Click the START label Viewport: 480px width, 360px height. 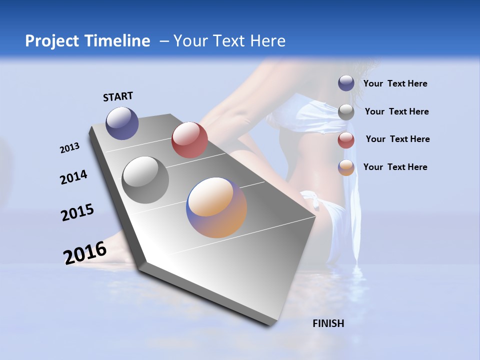click(118, 96)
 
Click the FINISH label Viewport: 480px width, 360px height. click(328, 323)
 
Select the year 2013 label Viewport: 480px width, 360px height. click(69, 148)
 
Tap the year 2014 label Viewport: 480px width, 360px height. click(73, 177)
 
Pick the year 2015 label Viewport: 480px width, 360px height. click(77, 212)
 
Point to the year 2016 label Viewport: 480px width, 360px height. click(85, 252)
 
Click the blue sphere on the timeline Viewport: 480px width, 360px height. click(122, 123)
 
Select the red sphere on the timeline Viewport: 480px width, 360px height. click(189, 140)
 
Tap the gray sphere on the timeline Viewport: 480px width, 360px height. click(145, 180)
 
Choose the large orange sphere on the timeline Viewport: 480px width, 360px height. click(216, 207)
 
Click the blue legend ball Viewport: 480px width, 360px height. click(346, 83)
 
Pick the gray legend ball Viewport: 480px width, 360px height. click(346, 112)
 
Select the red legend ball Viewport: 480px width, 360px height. click(346, 140)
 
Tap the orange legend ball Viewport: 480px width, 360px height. click(346, 167)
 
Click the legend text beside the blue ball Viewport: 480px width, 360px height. click(395, 83)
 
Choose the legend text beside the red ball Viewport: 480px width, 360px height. click(397, 139)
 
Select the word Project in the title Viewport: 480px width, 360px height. click(52, 41)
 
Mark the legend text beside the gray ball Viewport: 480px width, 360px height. click(396, 111)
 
